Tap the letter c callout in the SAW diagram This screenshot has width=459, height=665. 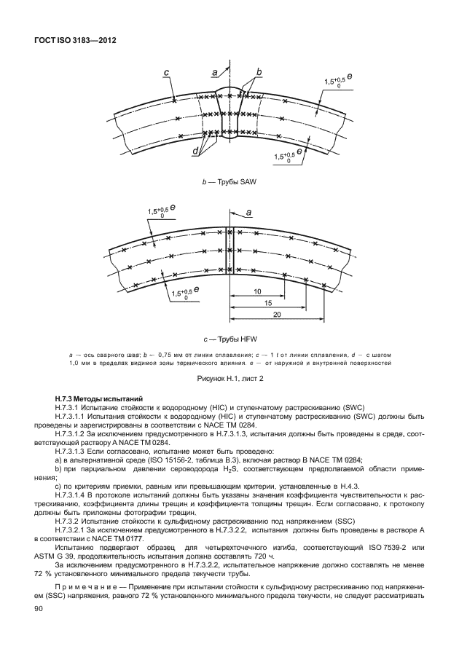pos(166,71)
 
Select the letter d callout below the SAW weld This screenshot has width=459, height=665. pos(196,152)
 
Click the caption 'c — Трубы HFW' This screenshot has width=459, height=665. pos(229,339)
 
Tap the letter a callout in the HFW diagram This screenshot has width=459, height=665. pos(249,211)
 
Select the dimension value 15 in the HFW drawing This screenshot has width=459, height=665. pos(268,302)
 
